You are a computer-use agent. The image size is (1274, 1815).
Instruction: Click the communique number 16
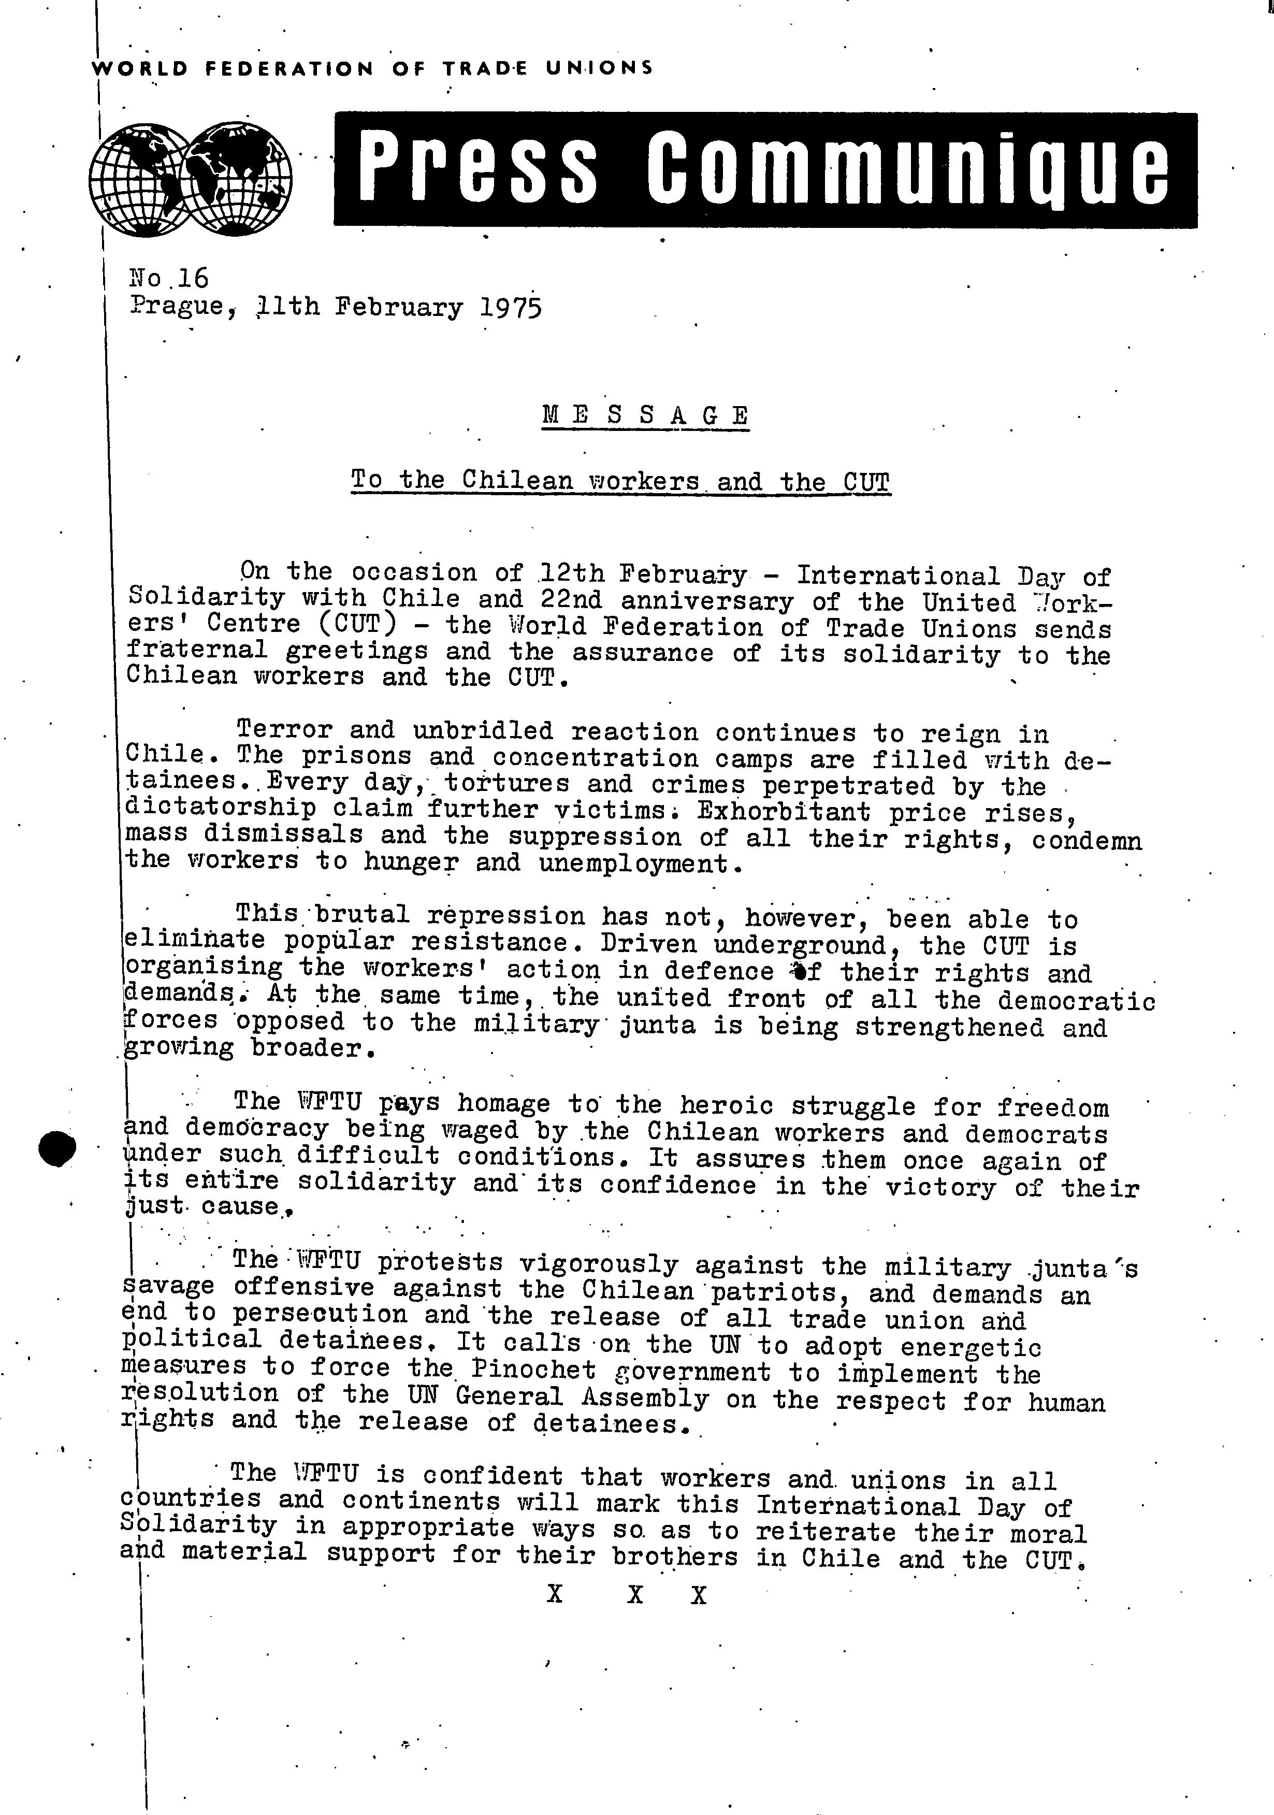point(193,278)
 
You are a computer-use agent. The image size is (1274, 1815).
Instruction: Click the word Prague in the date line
point(178,306)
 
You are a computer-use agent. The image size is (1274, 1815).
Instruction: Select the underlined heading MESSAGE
point(645,415)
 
